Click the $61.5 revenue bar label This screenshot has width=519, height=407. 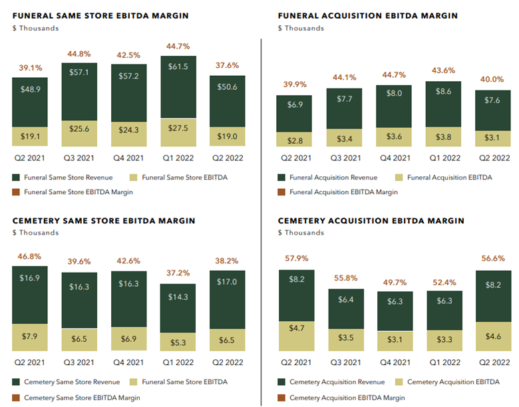pos(178,67)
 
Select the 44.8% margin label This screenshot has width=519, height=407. pos(79,54)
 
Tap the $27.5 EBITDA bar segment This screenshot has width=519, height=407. pos(178,132)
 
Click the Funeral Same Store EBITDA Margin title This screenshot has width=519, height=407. pos(100,15)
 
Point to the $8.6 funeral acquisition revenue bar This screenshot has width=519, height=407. pos(443,104)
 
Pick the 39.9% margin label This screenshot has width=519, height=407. pos(295,84)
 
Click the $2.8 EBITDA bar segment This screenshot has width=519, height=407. pos(294,139)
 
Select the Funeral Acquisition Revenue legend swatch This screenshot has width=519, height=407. pos(281,178)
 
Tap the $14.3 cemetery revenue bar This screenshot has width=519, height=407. pos(178,309)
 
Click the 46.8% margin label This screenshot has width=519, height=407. pos(29,257)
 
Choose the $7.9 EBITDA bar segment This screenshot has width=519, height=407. pos(30,337)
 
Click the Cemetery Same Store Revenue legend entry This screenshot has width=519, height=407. pos(66,382)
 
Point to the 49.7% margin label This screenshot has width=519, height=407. pos(395,283)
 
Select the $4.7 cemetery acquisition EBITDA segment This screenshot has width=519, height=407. pos(297,337)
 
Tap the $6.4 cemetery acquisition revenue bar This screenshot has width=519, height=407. pos(346,309)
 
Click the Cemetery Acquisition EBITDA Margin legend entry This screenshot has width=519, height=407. pos(341,398)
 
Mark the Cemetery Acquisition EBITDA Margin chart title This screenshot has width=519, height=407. pos(371,221)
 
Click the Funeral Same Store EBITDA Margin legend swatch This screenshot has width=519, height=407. pos(16,192)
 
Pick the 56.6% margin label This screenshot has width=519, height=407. pos(493,259)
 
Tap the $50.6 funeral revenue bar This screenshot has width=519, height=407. pos(228,102)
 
